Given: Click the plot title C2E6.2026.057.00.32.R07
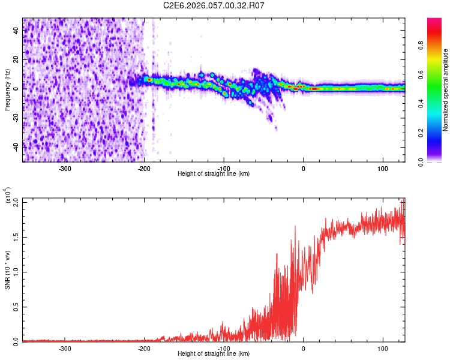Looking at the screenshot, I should tap(214, 5).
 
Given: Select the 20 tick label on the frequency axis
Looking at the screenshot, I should tap(16, 60).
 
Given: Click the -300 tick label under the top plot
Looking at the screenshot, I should tap(65, 168).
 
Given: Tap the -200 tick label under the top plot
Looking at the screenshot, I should tap(144, 168).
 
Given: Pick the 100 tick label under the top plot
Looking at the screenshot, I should tap(383, 168).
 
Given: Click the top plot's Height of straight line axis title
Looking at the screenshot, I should tap(214, 174).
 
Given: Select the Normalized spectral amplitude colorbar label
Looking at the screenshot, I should tap(446, 90).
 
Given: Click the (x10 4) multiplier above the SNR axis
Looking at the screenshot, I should tap(8, 196).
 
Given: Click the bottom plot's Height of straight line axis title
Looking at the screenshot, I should tap(214, 354).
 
